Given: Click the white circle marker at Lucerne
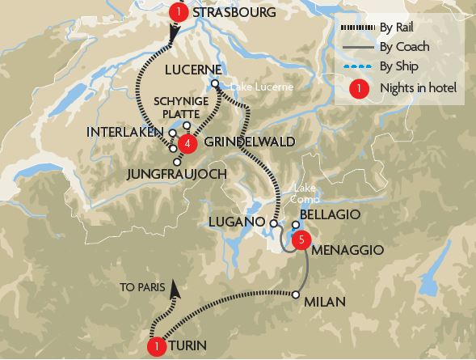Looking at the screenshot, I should coord(214,83).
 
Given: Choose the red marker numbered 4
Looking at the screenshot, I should coord(187,144).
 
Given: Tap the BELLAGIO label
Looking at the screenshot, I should coord(331,216).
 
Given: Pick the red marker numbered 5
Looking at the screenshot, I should coord(301,239).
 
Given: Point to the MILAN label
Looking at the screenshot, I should coord(326,302).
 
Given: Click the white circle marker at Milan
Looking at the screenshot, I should coord(297,294).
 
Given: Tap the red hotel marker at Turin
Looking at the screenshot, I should coord(158,345).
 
